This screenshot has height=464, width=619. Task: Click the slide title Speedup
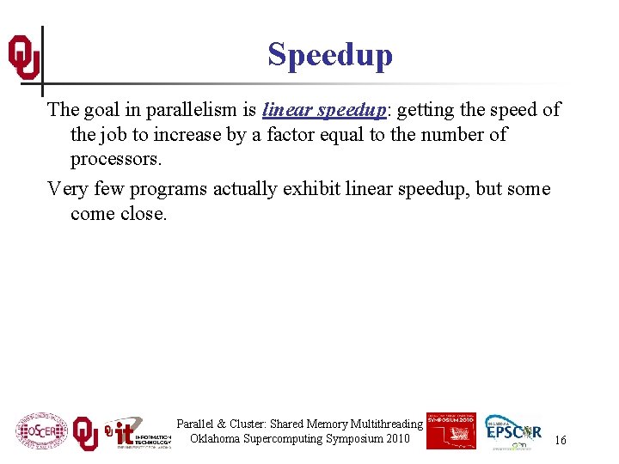pos(329,54)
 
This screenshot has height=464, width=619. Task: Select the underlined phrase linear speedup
pos(323,110)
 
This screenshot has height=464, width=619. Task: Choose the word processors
pos(115,160)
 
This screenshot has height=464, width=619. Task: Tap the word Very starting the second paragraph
pos(67,188)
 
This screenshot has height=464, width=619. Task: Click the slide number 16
pos(560,440)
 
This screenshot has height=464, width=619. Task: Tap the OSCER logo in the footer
pos(40,430)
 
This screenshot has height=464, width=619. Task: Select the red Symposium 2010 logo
pos(450,430)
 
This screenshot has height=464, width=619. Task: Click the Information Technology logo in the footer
pos(138,434)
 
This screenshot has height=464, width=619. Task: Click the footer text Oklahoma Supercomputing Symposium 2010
pos(300,439)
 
